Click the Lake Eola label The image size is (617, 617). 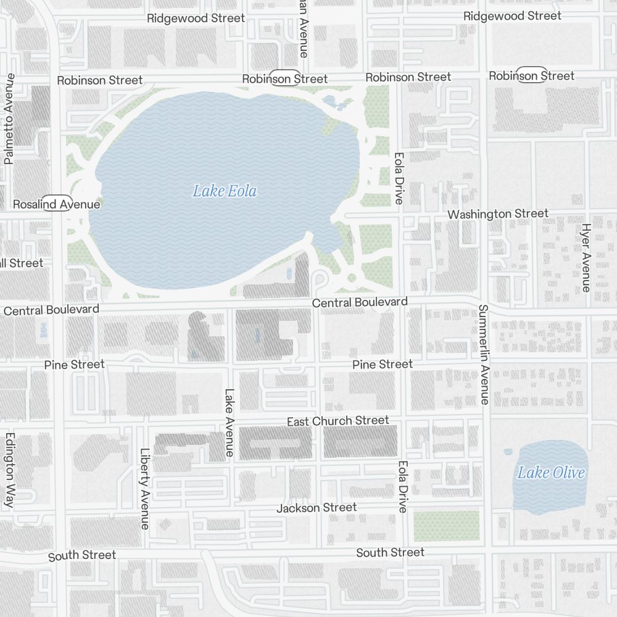click(x=225, y=191)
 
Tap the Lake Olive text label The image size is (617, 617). click(x=550, y=473)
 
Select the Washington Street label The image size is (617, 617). click(x=498, y=214)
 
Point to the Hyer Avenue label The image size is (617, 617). click(x=586, y=257)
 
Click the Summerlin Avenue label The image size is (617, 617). click(x=484, y=355)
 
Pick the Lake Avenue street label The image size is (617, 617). click(x=229, y=422)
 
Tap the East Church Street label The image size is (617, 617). click(x=337, y=421)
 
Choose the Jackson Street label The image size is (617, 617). click(x=317, y=508)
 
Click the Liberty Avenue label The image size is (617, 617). click(x=145, y=488)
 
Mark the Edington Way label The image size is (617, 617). click(x=9, y=470)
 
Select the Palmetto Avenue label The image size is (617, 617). click(x=9, y=119)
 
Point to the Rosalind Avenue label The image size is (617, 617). click(x=56, y=204)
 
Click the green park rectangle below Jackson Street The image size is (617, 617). click(x=446, y=526)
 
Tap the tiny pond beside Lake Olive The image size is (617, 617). click(x=508, y=452)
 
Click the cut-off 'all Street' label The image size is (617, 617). click(x=22, y=263)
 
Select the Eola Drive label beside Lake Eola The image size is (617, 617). click(x=399, y=179)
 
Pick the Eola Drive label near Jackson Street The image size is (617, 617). click(x=403, y=487)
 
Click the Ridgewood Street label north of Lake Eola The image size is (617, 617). click(x=196, y=19)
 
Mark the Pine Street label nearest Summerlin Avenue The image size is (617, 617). click(x=383, y=365)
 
